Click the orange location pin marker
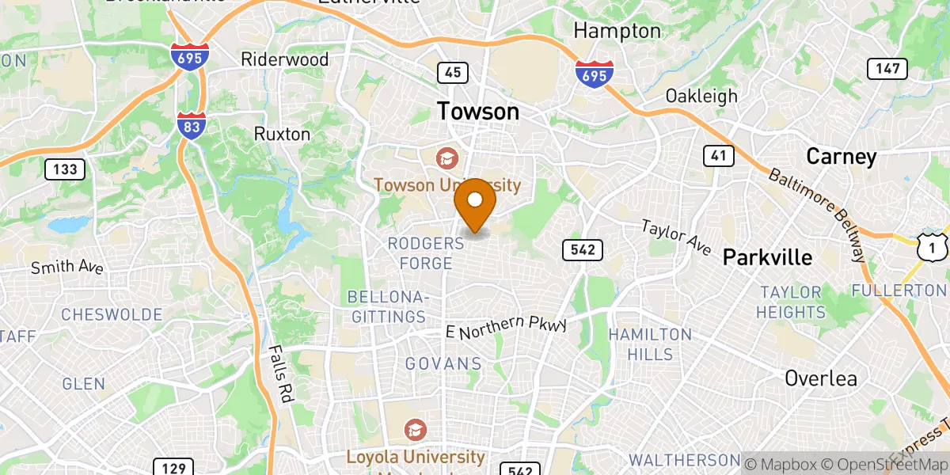coord(475,203)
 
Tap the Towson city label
coord(479,112)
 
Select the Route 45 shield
coord(453,73)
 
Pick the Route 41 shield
coord(718,155)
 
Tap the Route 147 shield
coord(887,69)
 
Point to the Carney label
coord(841,156)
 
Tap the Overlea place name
coord(821,378)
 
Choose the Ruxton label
coord(282,134)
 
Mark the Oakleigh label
coord(701,96)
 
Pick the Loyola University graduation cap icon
coord(415,431)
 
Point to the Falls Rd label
coord(281,372)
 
